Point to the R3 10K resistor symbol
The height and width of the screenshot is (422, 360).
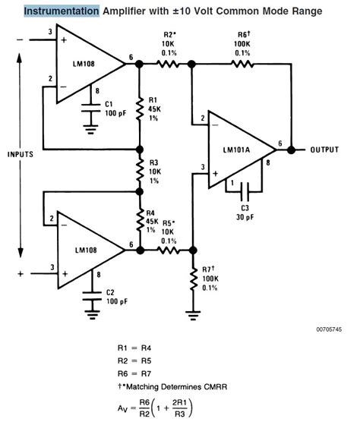[x=138, y=172]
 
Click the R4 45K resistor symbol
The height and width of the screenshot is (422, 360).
[x=138, y=222]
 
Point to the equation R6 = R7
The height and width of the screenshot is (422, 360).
[x=138, y=373]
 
